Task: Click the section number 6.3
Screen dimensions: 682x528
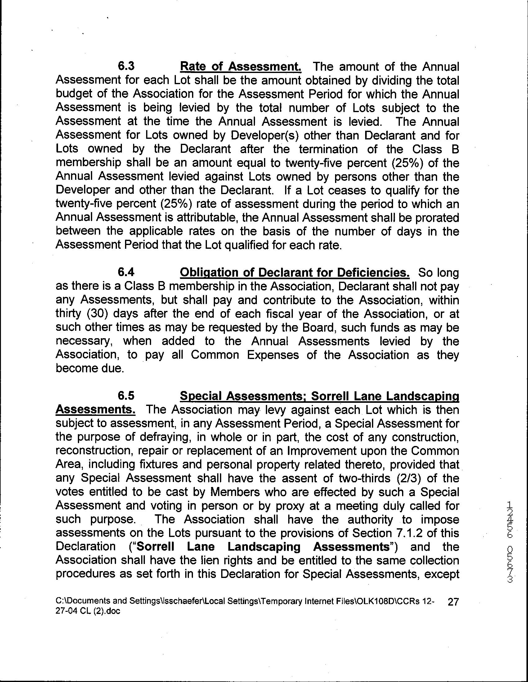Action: click(x=126, y=66)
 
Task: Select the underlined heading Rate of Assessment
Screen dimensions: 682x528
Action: click(x=240, y=66)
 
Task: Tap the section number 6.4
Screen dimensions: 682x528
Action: click(x=126, y=272)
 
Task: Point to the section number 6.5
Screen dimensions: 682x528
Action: click(x=126, y=396)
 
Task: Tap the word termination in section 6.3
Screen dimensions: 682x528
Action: click(x=328, y=149)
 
